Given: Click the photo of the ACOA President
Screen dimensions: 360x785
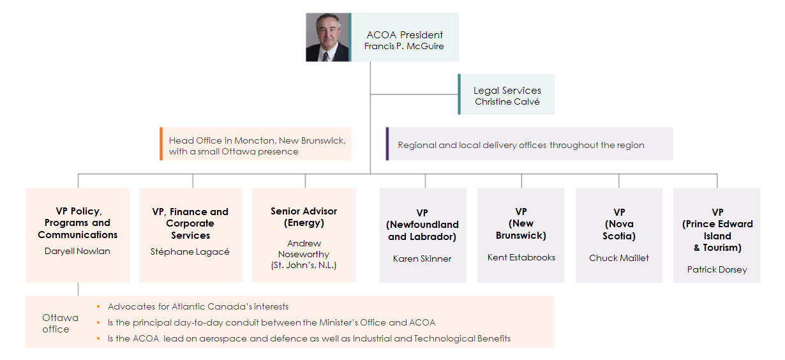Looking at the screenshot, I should (328, 37).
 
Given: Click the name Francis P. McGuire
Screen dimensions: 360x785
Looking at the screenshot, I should (404, 46).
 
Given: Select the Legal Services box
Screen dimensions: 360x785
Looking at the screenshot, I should (507, 94).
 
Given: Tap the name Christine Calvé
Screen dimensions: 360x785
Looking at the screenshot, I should (507, 101).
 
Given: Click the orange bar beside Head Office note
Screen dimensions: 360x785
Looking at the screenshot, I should (161, 144).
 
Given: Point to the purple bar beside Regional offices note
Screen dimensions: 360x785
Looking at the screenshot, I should (387, 144).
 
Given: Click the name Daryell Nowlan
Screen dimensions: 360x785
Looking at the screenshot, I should (77, 251).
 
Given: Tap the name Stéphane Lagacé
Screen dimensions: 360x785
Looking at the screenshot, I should (190, 251).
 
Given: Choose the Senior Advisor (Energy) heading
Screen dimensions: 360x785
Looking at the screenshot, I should (304, 217).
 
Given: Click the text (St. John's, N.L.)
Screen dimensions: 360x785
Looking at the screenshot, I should (304, 265).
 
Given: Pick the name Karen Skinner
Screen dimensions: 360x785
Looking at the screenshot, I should (422, 259).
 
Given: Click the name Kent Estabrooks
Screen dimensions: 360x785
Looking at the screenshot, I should (521, 257).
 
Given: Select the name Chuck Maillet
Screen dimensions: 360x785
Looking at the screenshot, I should (619, 258).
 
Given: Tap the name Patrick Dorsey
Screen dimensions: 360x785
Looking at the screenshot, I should (717, 269).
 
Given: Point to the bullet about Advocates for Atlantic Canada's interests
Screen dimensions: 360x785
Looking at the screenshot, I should (198, 306).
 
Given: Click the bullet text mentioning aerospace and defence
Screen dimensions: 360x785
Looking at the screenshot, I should (310, 338).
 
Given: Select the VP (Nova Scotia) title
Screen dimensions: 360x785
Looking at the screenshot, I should (619, 223).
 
